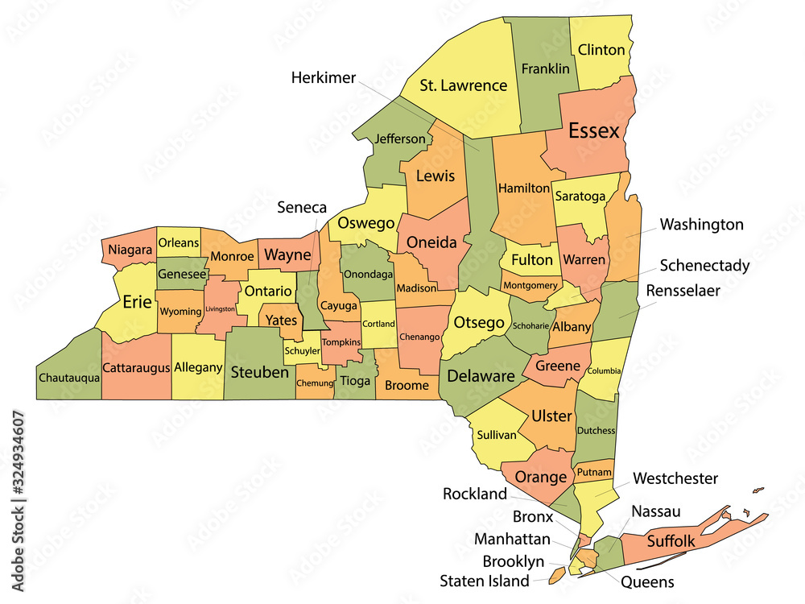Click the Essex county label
coord(594,130)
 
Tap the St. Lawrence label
coord(464,85)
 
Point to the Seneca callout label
coord(302,207)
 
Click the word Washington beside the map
coord(701,224)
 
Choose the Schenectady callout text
coord(704,265)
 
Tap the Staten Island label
coord(485,580)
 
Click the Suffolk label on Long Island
coord(671,541)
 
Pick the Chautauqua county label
coord(68,377)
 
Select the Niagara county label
coord(130,250)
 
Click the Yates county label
coord(282,320)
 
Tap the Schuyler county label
coord(302,350)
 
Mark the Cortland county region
coord(378,324)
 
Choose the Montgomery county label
coord(530,285)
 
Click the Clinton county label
coord(601,50)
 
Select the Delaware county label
coord(481,375)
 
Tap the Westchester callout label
coord(675,478)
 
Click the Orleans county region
coord(178,242)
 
